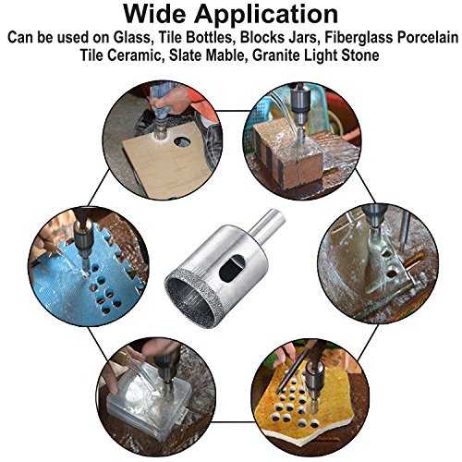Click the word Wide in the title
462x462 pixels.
click(x=155, y=14)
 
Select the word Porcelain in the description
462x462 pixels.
click(x=428, y=38)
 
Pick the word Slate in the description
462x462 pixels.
click(x=185, y=55)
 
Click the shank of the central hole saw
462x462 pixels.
click(x=266, y=223)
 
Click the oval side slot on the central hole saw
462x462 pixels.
click(x=231, y=269)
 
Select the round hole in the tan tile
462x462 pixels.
click(x=182, y=142)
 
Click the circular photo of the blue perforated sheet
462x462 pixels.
click(x=89, y=266)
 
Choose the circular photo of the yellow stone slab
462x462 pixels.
click(x=310, y=398)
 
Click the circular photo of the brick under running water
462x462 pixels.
click(x=302, y=140)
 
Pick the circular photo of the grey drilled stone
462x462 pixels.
click(x=378, y=264)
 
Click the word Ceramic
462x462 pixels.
click(x=133, y=55)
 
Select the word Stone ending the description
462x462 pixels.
click(x=359, y=55)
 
